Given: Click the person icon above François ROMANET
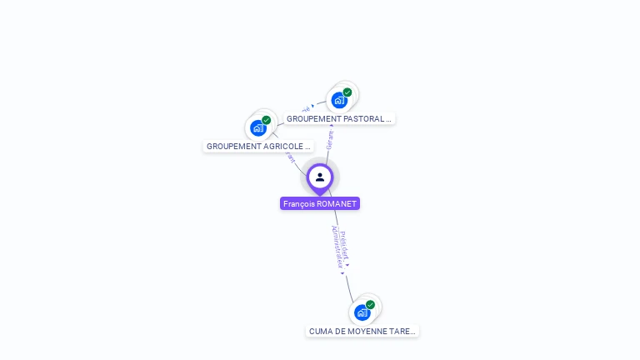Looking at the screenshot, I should (320, 177).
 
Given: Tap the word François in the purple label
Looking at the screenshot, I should (298, 203).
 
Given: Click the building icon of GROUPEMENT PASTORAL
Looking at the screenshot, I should (338, 100).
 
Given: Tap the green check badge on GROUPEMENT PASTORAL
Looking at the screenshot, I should (347, 92).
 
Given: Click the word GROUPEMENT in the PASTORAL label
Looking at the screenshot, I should (312, 119).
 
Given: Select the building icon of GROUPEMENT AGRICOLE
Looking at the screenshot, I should (257, 127).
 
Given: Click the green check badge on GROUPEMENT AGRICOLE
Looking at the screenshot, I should (267, 120).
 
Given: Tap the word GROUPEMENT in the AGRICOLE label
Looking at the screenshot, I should (232, 147).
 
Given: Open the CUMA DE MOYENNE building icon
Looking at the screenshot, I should (362, 312).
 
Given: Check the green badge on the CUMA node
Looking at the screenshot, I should (371, 305).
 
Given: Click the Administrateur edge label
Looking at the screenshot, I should (337, 247).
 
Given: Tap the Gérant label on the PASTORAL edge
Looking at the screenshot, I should (330, 140).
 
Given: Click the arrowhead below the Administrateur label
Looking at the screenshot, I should (342, 273).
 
